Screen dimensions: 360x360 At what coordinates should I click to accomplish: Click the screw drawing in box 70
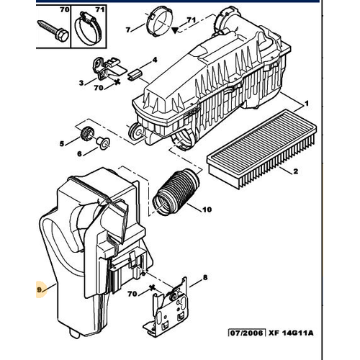coord(53,31)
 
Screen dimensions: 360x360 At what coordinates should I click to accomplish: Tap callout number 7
coord(128,30)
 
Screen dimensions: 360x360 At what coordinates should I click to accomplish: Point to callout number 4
coord(155,60)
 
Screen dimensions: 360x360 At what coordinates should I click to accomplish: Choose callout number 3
coord(81,83)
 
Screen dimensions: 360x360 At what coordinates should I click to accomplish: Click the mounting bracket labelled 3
coord(107,68)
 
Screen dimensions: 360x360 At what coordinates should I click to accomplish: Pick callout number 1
coord(307,104)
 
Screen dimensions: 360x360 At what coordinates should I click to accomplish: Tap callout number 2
coord(295,171)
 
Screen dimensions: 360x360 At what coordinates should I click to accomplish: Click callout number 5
coord(62,143)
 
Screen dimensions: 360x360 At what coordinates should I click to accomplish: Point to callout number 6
coord(79,153)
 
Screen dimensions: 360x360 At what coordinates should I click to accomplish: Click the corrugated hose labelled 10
coord(176,192)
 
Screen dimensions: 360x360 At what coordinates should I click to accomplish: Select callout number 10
coord(207,210)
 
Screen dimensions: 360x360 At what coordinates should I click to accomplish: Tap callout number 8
coord(205,277)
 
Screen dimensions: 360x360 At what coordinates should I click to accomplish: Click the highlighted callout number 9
coord(40,290)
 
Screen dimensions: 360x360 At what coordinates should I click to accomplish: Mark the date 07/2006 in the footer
coord(247,333)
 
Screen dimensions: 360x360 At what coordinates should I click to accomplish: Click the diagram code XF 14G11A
coord(291,333)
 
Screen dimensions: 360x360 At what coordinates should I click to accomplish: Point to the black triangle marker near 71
coord(175,30)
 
